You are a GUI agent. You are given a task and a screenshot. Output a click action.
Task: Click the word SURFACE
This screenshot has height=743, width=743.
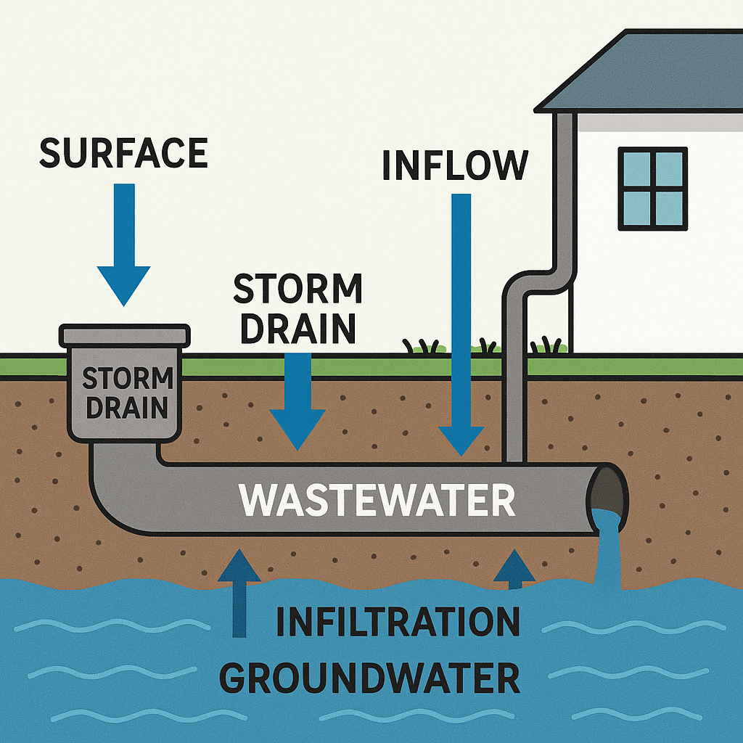coord(123,153)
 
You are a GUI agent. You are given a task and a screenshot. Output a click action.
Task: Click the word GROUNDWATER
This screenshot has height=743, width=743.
coord(370,678)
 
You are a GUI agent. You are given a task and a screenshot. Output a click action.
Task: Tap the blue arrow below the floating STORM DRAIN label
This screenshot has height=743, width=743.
coord(297,399)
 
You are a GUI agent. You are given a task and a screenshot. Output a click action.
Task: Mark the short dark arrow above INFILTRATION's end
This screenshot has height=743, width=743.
coord(514,568)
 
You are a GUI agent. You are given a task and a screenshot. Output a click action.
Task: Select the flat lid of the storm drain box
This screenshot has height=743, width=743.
coord(125,335)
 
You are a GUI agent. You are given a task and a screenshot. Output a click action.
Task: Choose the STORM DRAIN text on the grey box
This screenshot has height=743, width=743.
coord(126,393)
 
